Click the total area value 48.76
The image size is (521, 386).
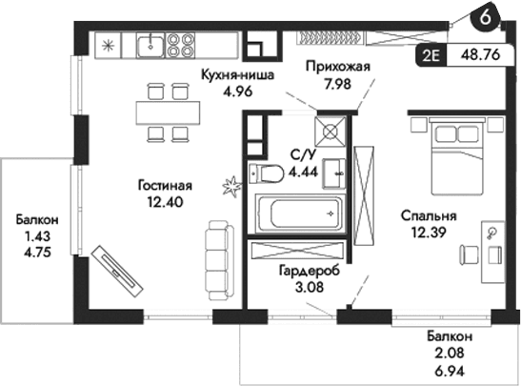point(481,54)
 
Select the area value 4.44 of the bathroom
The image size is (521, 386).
point(303,173)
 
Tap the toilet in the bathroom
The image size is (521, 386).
point(269,173)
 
